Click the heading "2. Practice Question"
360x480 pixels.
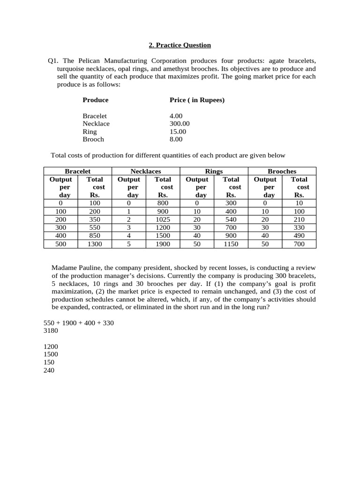point(180,45)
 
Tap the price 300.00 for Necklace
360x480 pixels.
point(180,124)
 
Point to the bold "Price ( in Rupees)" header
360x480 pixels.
point(197,100)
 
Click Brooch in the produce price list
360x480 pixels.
point(93,139)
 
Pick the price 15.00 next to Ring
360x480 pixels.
point(178,132)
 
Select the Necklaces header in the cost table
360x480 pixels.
point(146,172)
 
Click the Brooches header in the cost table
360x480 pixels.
point(282,172)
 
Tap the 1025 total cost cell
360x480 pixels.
point(163,219)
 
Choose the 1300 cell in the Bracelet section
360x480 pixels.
point(95,244)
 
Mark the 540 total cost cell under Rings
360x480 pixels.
point(231,219)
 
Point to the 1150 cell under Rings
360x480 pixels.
point(231,244)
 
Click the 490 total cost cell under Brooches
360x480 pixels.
point(299,236)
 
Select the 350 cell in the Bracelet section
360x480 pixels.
point(95,219)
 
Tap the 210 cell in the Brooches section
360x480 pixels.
point(299,219)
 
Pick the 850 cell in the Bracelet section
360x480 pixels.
point(95,236)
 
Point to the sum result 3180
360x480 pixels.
point(51,331)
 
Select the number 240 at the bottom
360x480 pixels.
point(49,370)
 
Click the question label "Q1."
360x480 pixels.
point(53,61)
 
